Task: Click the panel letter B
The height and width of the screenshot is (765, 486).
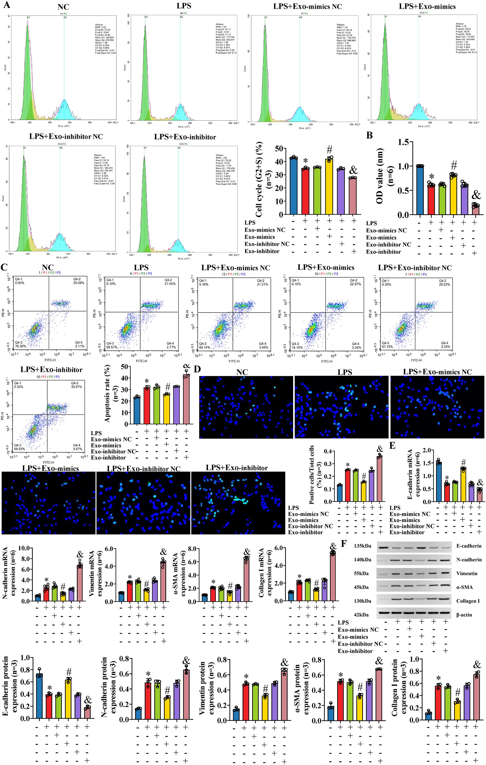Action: (x=369, y=135)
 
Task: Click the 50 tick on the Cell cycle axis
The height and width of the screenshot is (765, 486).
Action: (x=279, y=149)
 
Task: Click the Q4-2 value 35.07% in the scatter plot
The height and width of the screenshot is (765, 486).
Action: (x=76, y=387)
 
